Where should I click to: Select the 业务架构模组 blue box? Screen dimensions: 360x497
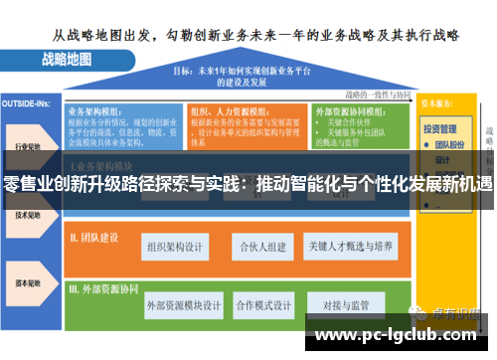tap(123, 125)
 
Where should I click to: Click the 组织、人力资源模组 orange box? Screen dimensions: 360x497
tap(247, 125)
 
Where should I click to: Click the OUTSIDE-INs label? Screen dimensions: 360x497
tap(27, 101)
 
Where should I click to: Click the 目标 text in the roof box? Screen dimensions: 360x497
tap(184, 71)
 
